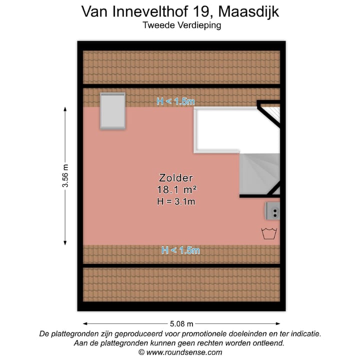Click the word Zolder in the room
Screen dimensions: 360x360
[x=176, y=177]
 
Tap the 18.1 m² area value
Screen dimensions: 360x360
[x=176, y=189]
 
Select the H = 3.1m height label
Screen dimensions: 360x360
[x=176, y=201]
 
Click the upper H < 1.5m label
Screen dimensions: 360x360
[x=175, y=101]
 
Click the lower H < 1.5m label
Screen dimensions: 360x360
[x=180, y=250]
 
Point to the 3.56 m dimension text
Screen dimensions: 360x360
[x=65, y=176]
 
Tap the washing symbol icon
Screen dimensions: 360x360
[x=269, y=233]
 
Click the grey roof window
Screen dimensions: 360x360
[x=112, y=111]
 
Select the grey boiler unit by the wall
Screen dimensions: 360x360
[x=273, y=212]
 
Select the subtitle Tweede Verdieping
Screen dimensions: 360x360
[x=181, y=24]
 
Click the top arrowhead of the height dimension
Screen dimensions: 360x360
[x=65, y=109]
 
